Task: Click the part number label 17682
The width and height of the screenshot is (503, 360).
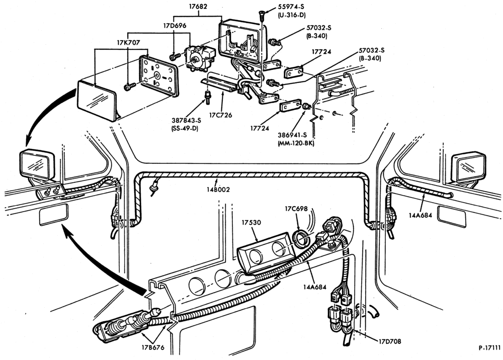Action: (x=198, y=6)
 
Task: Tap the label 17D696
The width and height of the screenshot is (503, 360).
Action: (x=174, y=25)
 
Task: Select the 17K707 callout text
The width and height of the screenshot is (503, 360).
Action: (x=128, y=42)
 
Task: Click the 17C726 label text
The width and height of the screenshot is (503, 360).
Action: (x=220, y=115)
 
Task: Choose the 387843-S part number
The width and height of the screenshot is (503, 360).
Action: (x=186, y=121)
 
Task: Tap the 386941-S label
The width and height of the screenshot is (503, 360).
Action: (x=292, y=135)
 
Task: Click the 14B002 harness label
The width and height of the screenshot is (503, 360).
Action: (x=218, y=190)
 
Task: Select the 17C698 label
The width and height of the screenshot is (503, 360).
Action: (x=296, y=209)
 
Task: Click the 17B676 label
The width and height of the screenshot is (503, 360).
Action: (x=153, y=347)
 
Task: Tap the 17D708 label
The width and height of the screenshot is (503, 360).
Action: (x=390, y=341)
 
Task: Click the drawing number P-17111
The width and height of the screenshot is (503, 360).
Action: (x=489, y=347)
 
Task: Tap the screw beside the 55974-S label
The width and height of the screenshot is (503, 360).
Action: (x=262, y=15)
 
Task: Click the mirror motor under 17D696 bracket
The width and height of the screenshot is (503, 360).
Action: (x=199, y=59)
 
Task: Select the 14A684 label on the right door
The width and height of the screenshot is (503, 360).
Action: (x=420, y=215)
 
